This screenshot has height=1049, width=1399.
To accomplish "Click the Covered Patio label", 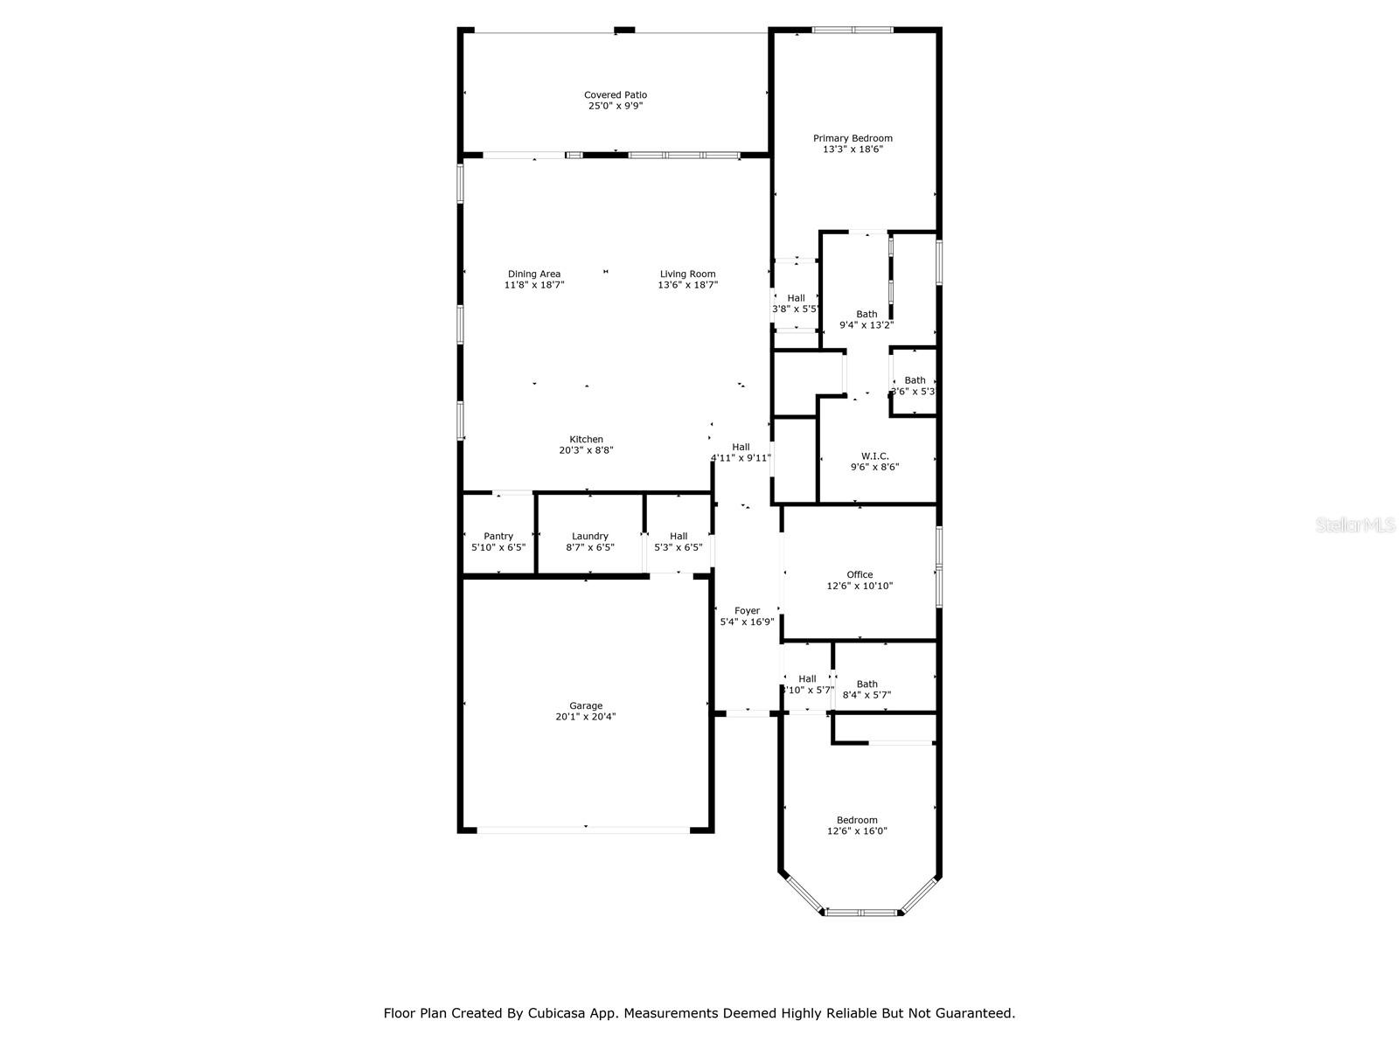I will tap(616, 94).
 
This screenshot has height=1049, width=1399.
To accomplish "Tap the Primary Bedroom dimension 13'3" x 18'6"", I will tap(853, 149).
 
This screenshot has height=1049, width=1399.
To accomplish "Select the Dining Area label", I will tap(534, 274).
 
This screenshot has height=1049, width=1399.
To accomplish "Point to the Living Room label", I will tap(687, 274).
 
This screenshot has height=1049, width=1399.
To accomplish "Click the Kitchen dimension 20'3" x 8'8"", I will tap(586, 450).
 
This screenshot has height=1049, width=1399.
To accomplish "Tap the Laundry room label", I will tap(590, 536).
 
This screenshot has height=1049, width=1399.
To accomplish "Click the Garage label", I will tap(586, 705).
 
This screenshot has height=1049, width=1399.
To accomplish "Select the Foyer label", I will tap(747, 611).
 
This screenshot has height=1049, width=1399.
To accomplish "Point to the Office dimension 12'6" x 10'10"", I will tap(860, 587).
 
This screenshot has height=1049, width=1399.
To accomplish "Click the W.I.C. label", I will tap(874, 456).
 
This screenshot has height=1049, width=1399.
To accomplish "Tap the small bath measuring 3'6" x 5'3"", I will tap(915, 386).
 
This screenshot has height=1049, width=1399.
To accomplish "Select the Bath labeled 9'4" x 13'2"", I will tap(867, 319).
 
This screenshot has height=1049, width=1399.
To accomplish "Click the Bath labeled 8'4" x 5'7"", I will tap(867, 690).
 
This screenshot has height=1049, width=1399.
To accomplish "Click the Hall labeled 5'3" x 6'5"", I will tap(679, 541).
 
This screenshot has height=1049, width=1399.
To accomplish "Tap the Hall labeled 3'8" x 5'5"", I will tap(796, 303).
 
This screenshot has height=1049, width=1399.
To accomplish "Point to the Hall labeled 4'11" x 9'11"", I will tap(741, 452).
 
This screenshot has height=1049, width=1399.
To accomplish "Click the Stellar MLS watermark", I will tap(1356, 525).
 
